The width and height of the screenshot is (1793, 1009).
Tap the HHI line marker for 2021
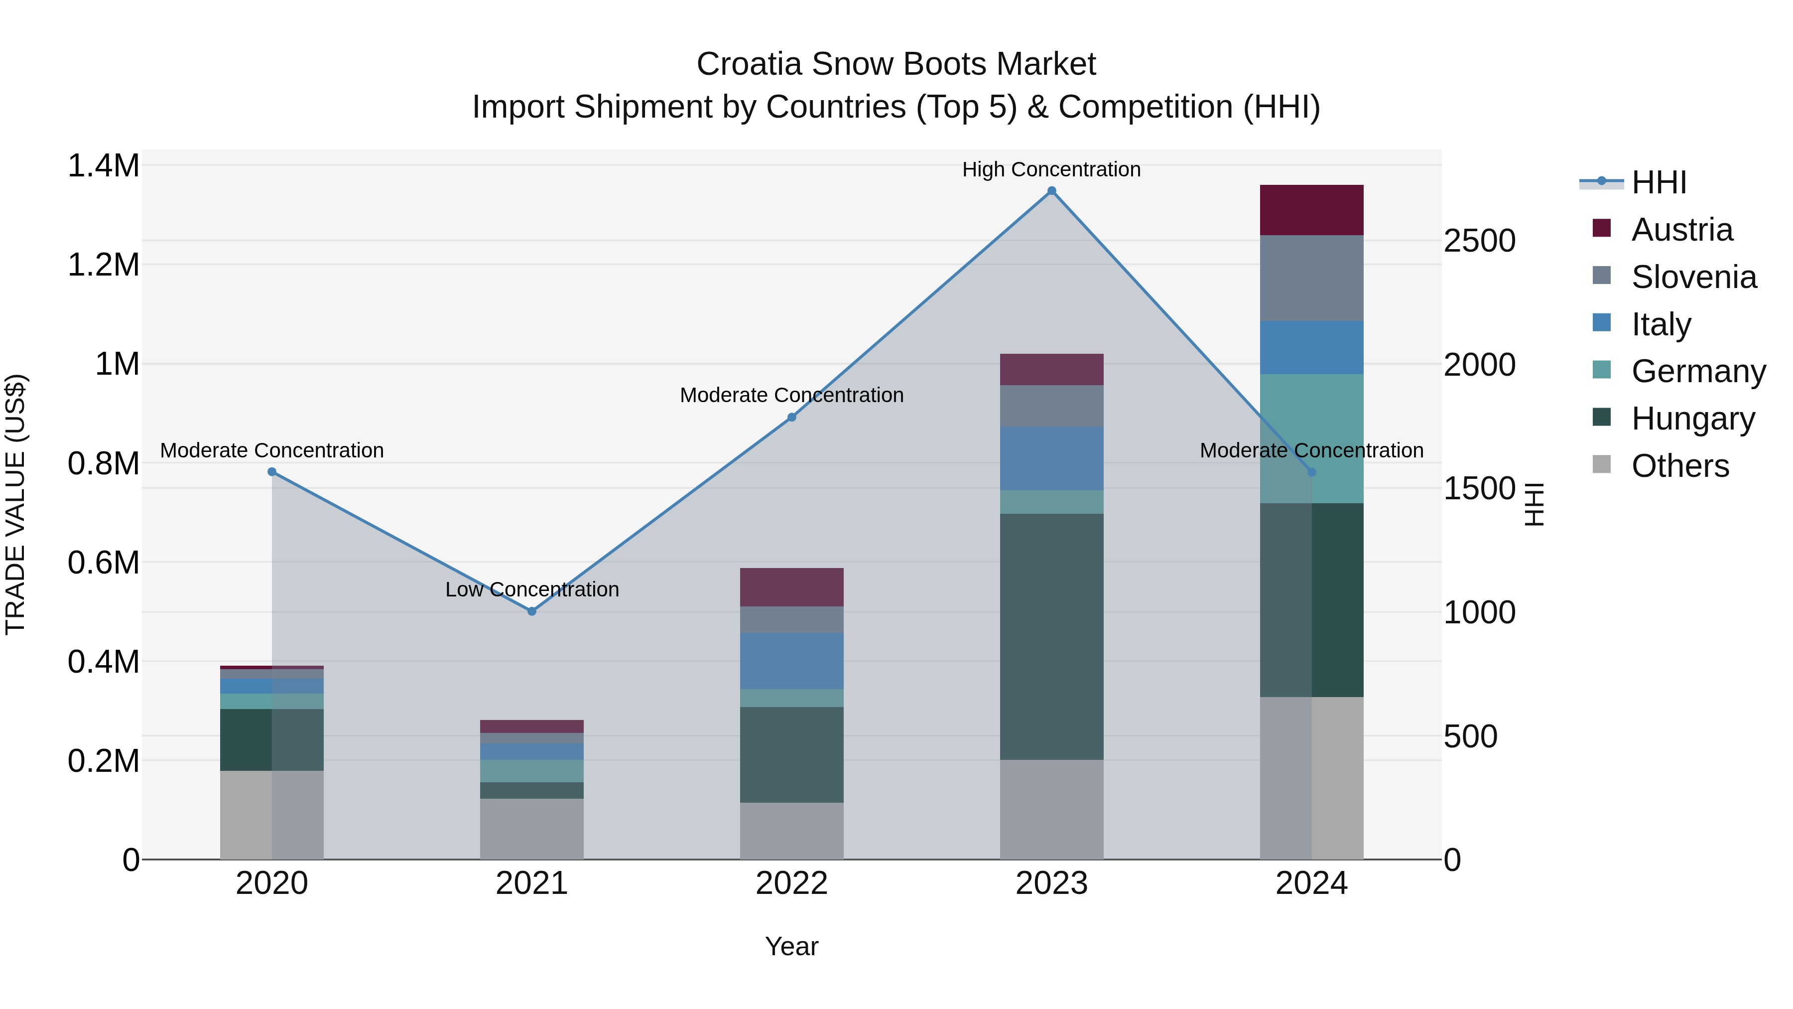[532, 611]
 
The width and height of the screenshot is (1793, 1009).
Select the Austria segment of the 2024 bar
[1311, 210]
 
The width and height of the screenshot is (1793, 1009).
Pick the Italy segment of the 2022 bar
[791, 661]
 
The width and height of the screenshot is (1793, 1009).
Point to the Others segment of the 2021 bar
[532, 829]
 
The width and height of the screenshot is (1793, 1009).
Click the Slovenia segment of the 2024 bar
[1311, 278]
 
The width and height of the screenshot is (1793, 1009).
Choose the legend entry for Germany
[1698, 371]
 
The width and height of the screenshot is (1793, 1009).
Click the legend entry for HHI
[1658, 182]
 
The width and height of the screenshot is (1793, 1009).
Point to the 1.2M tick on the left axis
[103, 265]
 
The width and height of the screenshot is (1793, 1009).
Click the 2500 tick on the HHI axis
[1479, 241]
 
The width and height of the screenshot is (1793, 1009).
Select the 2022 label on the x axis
[791, 883]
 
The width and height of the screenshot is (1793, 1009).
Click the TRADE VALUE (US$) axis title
[15, 504]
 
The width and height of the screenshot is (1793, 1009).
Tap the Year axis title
[791, 946]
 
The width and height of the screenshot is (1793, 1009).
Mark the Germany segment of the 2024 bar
[1311, 438]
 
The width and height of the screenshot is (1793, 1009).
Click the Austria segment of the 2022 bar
[791, 587]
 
